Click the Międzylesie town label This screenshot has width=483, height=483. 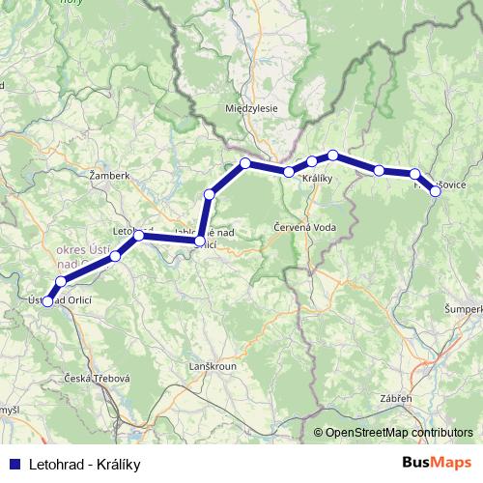point(250,108)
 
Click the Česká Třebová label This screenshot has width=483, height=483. point(97,378)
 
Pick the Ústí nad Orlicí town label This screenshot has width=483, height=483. point(60,300)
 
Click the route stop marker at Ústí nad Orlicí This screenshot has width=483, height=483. point(47,302)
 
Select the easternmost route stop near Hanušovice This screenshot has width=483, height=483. point(436,191)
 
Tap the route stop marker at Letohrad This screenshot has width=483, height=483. point(139,236)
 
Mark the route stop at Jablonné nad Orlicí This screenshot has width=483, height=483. point(199,242)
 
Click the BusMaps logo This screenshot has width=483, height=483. point(436,464)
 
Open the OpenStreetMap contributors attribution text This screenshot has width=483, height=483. point(399,433)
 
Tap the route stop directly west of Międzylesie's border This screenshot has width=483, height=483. point(245,162)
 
